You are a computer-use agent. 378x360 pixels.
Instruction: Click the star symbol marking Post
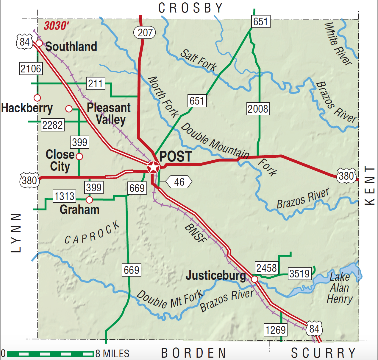point(154,167)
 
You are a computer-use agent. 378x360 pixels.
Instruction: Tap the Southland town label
point(71,46)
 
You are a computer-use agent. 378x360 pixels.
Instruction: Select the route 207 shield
point(145,32)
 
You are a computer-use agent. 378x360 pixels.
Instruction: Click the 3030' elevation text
point(56,26)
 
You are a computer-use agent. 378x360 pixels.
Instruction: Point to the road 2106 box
point(31,69)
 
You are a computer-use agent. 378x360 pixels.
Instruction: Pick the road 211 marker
point(96,83)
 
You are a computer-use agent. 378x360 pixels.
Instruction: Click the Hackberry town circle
point(37,98)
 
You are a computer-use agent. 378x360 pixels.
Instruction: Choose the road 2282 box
point(52,125)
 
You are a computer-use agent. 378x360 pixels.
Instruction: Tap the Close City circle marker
point(79,156)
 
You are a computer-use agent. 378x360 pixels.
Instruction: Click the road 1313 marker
point(64,196)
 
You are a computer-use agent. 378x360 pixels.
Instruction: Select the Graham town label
point(79,210)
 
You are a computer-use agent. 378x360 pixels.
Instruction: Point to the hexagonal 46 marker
point(179,182)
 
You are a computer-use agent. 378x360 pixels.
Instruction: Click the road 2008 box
point(258,109)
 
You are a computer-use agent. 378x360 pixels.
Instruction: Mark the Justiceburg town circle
point(254,279)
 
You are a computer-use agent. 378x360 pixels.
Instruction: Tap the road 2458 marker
point(266,268)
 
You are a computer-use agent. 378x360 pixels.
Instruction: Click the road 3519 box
point(299,274)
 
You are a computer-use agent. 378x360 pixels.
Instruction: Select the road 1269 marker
point(276,330)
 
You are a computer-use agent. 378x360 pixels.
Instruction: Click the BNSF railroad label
point(196,233)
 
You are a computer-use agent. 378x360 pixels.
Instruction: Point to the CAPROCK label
point(92,233)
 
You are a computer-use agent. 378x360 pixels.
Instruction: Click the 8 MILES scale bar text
point(112,354)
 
